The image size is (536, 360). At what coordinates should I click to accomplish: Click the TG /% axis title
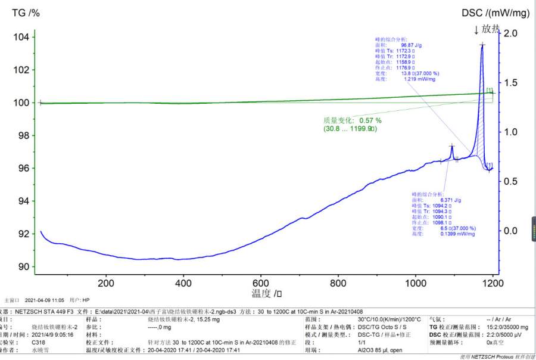pyautogui.click(x=26, y=13)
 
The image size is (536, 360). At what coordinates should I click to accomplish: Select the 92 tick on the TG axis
pyautogui.click(x=23, y=234)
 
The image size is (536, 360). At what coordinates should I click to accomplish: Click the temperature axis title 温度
pyautogui.click(x=262, y=293)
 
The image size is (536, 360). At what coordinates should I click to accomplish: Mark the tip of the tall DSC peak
pyautogui.click(x=482, y=45)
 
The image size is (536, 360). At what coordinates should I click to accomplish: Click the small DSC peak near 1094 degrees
pyautogui.click(x=452, y=146)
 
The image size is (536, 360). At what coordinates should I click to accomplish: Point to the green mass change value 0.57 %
pyautogui.click(x=366, y=120)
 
